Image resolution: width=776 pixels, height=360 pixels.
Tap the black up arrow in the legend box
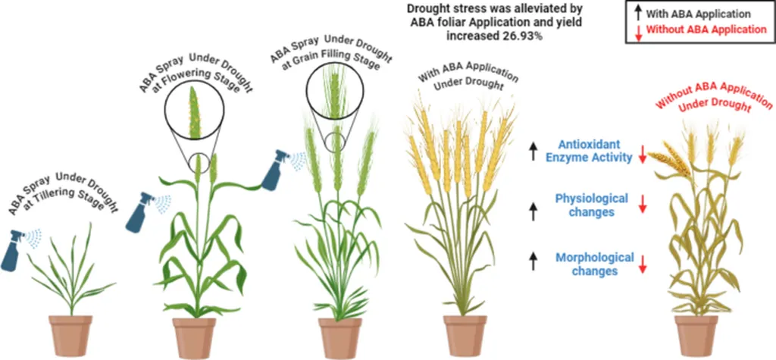point(637,14)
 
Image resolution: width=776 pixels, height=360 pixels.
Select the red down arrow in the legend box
point(637,30)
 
